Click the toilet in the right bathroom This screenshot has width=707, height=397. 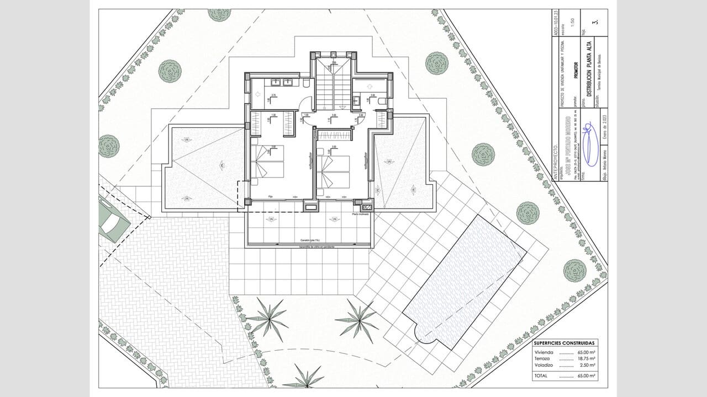point(381,101)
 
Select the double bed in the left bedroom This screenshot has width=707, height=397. point(268,161)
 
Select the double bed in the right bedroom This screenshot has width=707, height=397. point(334,171)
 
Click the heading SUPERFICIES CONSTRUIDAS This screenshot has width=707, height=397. point(564,342)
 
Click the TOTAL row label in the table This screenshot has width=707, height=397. point(540,375)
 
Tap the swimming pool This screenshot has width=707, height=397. point(464,281)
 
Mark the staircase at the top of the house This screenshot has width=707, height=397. point(333,83)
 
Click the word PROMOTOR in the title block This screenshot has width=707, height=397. point(577,72)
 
